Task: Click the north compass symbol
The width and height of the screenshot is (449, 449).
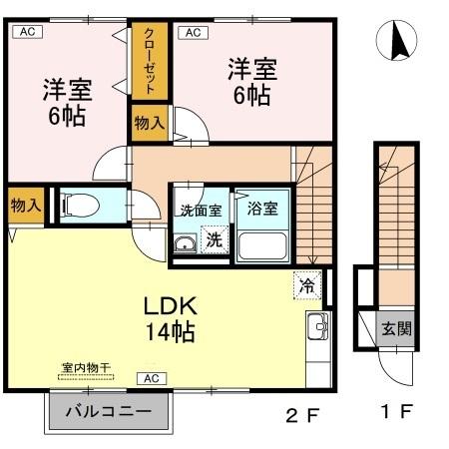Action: tap(396, 42)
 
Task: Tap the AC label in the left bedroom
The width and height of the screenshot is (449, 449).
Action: tap(27, 32)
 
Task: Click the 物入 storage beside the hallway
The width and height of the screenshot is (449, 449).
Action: tap(150, 123)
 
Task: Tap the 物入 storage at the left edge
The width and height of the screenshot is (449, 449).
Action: tap(25, 206)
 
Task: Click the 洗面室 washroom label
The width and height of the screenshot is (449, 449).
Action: tap(199, 211)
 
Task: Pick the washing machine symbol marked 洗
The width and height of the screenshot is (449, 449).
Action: tap(214, 239)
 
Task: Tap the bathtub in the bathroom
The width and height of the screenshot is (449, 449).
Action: tap(262, 244)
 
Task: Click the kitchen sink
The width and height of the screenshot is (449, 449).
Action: tap(318, 325)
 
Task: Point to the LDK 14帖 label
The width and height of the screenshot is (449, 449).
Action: tap(166, 316)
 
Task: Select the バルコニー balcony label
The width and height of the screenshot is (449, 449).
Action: tap(109, 411)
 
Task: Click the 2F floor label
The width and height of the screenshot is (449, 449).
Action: tap(301, 412)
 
